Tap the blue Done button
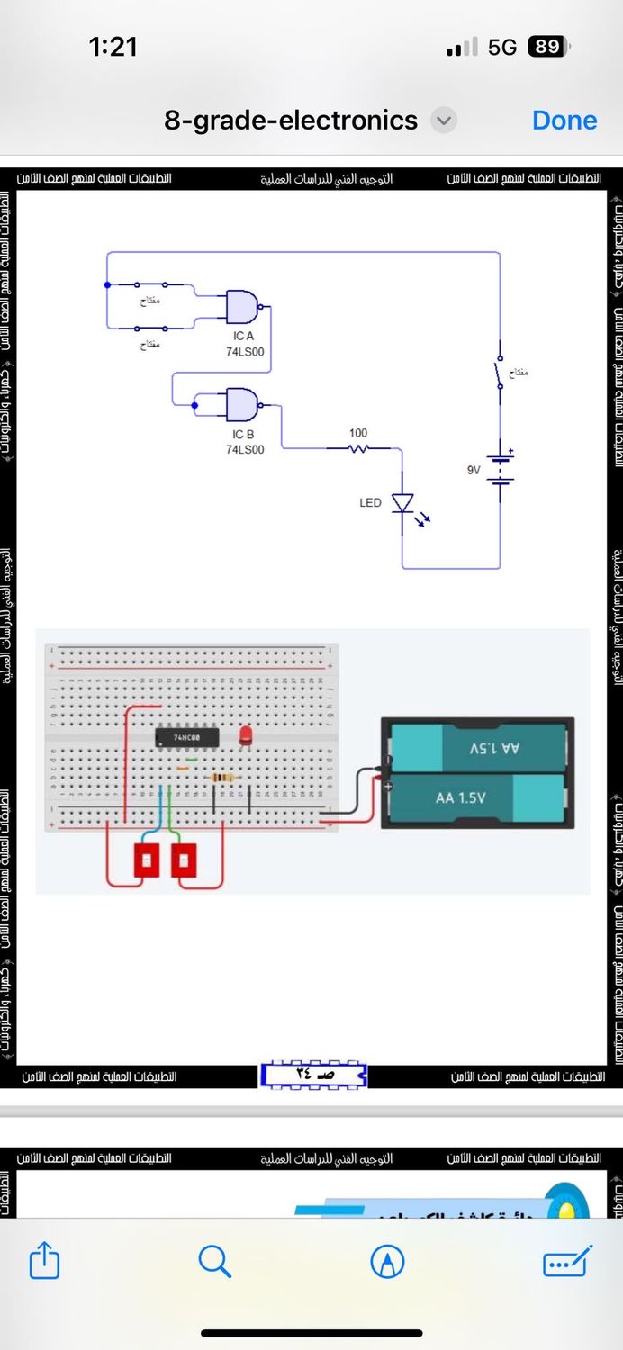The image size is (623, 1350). pos(564,120)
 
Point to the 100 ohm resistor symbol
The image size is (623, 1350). pos(358,447)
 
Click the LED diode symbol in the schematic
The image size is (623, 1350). pos(402,502)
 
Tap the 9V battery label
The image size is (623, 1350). pos(474,470)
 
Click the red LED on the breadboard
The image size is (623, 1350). pos(244,736)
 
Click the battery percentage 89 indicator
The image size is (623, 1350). pos(548,47)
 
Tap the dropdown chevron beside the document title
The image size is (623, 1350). pos(443,120)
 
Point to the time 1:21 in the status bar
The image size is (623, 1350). pos(113,47)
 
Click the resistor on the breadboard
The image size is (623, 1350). pos(221,778)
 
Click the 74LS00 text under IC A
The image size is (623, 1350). pos(245,352)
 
